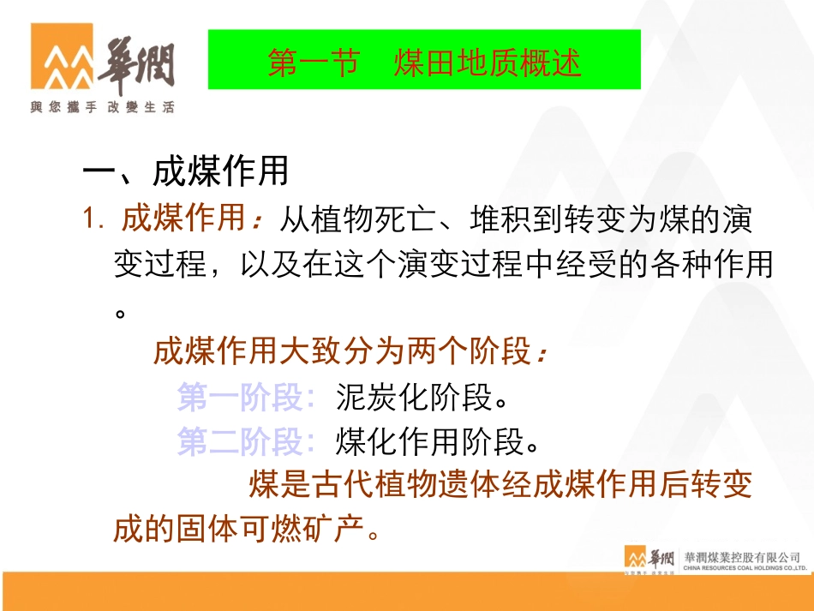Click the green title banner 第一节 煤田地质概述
(424, 59)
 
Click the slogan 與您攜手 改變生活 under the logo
(103, 108)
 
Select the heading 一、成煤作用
(185, 172)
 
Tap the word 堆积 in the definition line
(501, 219)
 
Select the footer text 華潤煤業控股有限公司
(742, 556)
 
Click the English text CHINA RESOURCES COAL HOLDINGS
(742, 567)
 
